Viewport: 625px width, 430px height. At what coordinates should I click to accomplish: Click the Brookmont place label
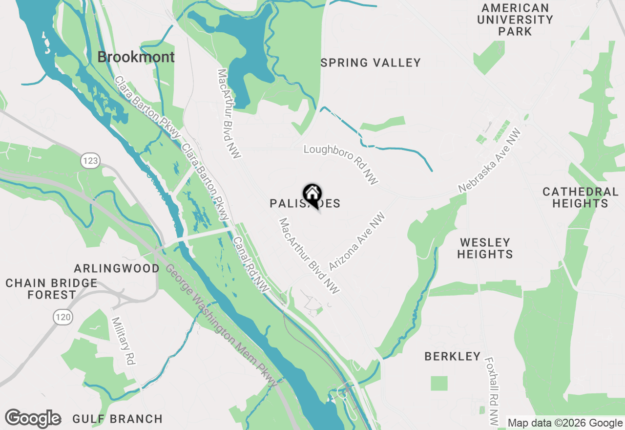click(136, 57)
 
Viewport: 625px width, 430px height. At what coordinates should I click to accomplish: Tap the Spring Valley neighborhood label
click(371, 63)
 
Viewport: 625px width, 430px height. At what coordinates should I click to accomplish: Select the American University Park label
click(515, 20)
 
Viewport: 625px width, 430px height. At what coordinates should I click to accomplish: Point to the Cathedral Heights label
click(580, 197)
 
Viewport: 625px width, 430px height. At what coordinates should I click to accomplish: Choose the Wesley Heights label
click(485, 248)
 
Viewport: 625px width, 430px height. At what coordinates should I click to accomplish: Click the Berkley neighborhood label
click(453, 357)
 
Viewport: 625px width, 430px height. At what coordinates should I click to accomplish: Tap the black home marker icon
click(312, 194)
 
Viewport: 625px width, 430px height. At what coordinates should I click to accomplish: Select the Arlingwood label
click(117, 268)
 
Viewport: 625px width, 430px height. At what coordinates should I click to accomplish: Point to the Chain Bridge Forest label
click(51, 289)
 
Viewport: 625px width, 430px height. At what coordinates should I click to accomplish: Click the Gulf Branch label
click(117, 419)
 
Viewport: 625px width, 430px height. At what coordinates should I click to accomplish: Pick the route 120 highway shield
click(63, 318)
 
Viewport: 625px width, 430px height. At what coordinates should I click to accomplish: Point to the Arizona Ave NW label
click(357, 241)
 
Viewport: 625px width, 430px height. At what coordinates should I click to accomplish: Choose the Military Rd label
click(123, 341)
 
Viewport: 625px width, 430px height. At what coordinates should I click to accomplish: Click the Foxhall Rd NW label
click(492, 390)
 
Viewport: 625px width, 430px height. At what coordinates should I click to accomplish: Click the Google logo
click(33, 419)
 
